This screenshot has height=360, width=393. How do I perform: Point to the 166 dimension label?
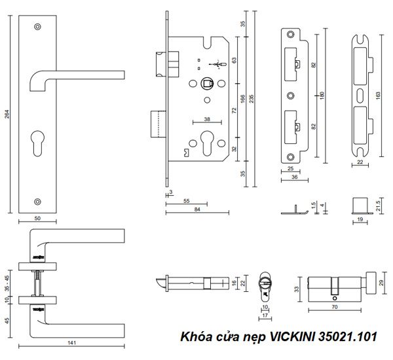(243, 99)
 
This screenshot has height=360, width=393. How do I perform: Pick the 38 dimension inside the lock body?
(206, 120)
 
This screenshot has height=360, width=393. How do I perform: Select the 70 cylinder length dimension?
(335, 306)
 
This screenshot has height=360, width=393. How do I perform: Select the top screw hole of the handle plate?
(37, 26)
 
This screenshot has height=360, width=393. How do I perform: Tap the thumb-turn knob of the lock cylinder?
(369, 277)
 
